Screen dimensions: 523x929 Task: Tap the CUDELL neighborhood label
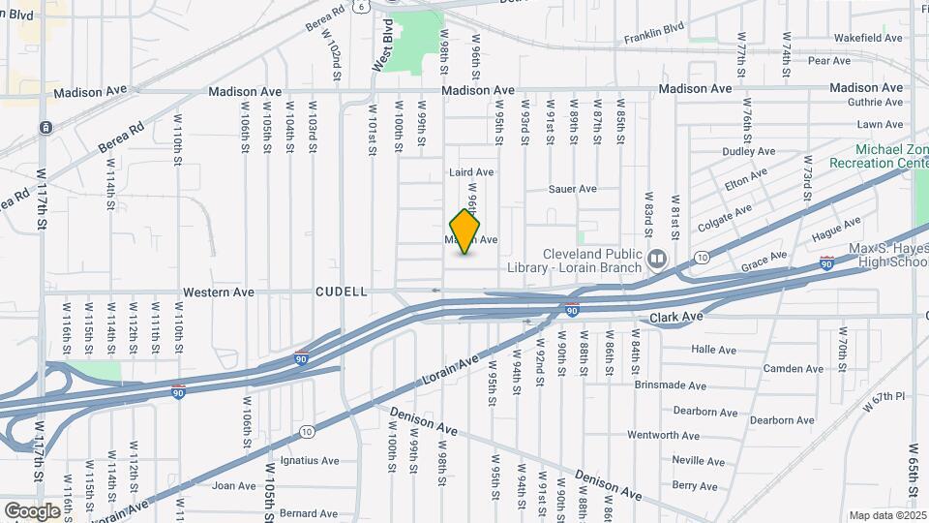click(341, 292)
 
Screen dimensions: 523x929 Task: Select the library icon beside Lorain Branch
click(658, 259)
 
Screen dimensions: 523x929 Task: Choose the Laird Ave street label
click(471, 172)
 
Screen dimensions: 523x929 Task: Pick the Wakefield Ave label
click(868, 38)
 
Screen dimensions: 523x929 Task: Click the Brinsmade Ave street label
click(671, 385)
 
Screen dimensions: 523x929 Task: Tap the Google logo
click(33, 510)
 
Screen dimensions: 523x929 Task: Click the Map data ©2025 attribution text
click(886, 515)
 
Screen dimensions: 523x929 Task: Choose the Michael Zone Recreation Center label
click(891, 156)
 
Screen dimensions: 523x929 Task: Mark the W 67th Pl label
click(885, 397)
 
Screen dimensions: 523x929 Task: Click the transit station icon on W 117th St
click(45, 127)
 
